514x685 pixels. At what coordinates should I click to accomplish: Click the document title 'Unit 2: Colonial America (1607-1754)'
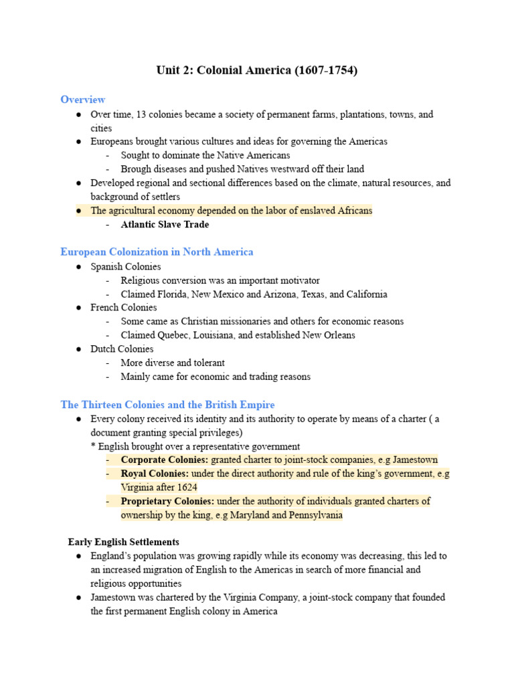pos(257,70)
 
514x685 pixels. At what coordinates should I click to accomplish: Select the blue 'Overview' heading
pos(83,100)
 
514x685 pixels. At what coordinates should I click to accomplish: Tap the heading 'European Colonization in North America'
pos(157,252)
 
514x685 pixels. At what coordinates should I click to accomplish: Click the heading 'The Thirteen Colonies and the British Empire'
pos(167,405)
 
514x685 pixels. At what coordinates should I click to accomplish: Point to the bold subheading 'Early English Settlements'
pos(124,542)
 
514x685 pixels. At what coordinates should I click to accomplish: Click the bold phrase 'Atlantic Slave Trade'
pos(165,225)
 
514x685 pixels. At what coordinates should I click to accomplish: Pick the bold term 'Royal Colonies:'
pos(155,474)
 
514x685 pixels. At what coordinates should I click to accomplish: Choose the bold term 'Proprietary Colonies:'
pos(168,501)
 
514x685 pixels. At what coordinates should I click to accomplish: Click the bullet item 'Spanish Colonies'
pos(126,266)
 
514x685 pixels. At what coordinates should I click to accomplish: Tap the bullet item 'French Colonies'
pos(124,308)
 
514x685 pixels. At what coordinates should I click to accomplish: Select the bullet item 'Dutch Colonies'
pos(122,349)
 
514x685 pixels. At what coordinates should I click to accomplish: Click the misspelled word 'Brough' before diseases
pos(135,169)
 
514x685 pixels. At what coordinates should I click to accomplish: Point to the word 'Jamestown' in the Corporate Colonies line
pos(415,460)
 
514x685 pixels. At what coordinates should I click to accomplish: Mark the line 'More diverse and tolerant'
pos(173,363)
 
